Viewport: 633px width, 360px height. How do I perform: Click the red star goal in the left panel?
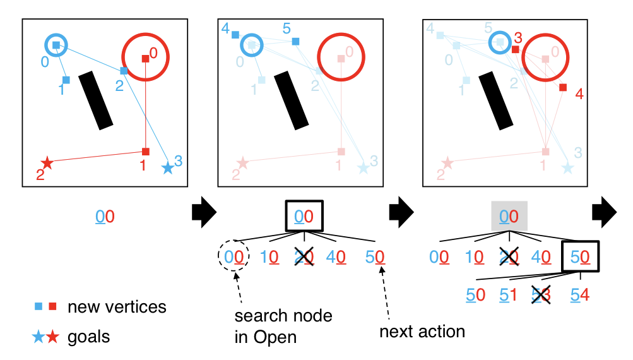tap(46, 163)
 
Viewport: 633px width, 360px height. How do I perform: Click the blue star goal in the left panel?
tap(167, 168)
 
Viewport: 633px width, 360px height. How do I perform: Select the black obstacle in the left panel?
tap(96, 100)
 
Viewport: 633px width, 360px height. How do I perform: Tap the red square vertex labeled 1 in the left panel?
tap(146, 152)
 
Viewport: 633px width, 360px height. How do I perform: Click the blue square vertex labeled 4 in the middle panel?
tap(235, 35)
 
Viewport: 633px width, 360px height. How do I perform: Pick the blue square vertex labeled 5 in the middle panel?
tap(295, 42)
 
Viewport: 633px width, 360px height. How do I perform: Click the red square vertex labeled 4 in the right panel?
tap(563, 87)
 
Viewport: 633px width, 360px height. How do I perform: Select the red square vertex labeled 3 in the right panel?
tap(516, 49)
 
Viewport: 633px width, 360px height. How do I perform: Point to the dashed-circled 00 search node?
tap(234, 257)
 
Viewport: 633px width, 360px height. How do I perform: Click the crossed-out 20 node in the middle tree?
tap(304, 257)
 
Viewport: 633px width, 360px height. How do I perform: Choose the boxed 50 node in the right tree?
tap(580, 256)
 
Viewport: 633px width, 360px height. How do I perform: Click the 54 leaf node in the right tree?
tap(580, 295)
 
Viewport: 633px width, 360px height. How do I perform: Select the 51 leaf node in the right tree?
tap(509, 295)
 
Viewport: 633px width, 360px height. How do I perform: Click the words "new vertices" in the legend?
tap(117, 308)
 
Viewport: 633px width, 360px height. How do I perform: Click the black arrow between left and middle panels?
tap(204, 216)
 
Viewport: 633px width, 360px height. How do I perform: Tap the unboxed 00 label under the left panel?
tap(105, 217)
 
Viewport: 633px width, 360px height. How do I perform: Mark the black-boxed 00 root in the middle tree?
tap(304, 217)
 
